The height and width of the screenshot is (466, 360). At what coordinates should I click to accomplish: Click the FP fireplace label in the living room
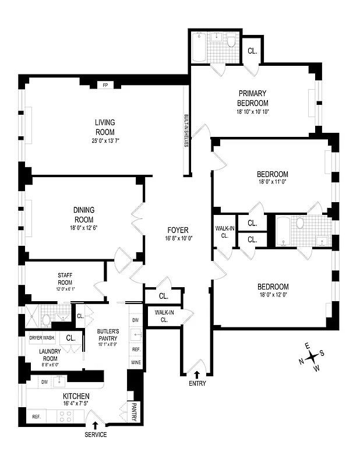(x=105, y=85)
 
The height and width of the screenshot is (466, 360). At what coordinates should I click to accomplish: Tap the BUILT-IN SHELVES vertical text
(x=186, y=130)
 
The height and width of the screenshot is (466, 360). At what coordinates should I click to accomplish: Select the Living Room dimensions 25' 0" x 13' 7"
(x=105, y=141)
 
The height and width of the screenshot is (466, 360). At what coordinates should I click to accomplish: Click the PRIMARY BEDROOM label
(x=252, y=98)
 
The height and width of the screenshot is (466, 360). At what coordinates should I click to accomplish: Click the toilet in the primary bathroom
(x=231, y=41)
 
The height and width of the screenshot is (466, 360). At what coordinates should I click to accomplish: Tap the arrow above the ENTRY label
(x=196, y=374)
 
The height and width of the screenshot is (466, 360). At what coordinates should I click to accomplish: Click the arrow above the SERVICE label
(x=95, y=426)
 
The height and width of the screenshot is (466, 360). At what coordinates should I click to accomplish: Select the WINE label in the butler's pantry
(x=135, y=362)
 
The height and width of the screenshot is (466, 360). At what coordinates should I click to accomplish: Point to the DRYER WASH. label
(x=43, y=338)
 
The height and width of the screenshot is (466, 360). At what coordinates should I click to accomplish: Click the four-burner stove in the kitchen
(x=65, y=416)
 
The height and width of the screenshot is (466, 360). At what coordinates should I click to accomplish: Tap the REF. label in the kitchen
(x=36, y=416)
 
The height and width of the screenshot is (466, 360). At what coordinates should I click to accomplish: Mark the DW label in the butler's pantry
(x=135, y=321)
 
